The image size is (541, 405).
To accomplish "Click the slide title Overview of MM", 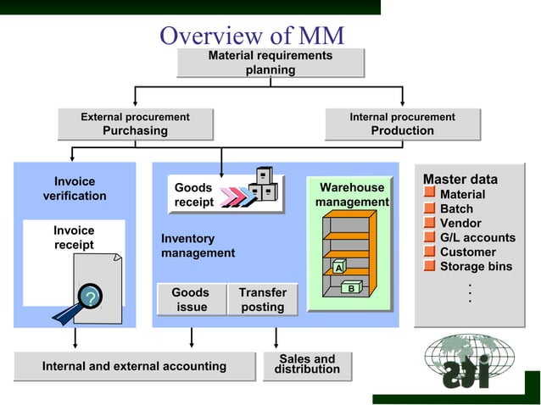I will pyautogui.click(x=252, y=36).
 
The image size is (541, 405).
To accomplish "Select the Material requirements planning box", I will pyautogui.click(x=270, y=63).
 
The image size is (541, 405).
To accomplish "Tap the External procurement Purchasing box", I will pyautogui.click(x=135, y=124).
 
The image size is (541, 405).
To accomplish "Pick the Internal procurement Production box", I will pyautogui.click(x=402, y=124).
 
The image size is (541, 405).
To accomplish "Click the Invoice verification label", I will pyautogui.click(x=75, y=189).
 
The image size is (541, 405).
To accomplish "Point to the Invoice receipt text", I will pyautogui.click(x=74, y=238).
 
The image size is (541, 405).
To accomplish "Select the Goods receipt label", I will pyautogui.click(x=193, y=195).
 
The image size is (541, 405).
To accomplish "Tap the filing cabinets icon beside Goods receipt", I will pyautogui.click(x=264, y=186).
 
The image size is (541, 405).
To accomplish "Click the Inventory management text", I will pyautogui.click(x=198, y=246).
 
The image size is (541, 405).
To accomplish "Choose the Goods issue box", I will pyautogui.click(x=191, y=299).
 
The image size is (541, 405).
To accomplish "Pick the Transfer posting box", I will pyautogui.click(x=262, y=299).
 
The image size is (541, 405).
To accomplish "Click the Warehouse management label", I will pyautogui.click(x=352, y=195).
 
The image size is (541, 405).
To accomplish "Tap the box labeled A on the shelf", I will pyautogui.click(x=338, y=268).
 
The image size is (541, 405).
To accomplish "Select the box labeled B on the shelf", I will pyautogui.click(x=351, y=288).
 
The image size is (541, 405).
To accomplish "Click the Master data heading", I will pyautogui.click(x=460, y=180).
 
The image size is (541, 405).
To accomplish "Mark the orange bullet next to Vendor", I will pyautogui.click(x=430, y=224).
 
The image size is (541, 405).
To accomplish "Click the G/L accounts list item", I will pyautogui.click(x=477, y=238).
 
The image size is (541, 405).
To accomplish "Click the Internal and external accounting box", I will pyautogui.click(x=135, y=366).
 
